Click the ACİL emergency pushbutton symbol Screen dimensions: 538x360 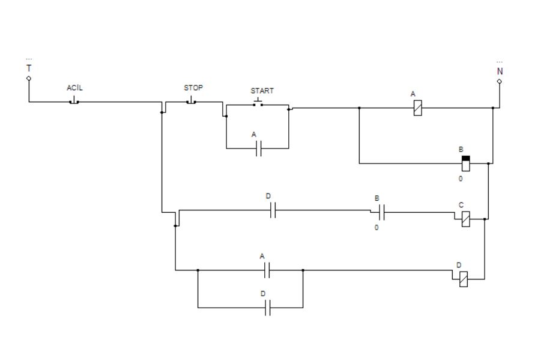click(x=74, y=101)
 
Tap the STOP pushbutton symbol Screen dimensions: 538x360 click(x=191, y=101)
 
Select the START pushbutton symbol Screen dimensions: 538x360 click(x=258, y=103)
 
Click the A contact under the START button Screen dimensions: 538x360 click(x=259, y=148)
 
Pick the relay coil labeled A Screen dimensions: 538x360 click(x=417, y=108)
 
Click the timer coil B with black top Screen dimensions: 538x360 click(x=465, y=163)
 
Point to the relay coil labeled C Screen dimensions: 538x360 click(x=465, y=219)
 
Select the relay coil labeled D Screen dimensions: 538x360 click(x=463, y=279)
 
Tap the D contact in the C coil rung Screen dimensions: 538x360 click(x=273, y=210)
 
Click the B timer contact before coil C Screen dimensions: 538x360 click(x=381, y=212)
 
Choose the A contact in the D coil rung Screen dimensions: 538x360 click(x=267, y=270)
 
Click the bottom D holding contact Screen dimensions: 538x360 click(x=268, y=308)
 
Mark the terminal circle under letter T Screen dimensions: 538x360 click(x=29, y=78)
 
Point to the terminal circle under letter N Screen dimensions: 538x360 click(x=499, y=81)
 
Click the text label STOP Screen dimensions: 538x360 click(x=193, y=88)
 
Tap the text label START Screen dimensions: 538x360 click(x=262, y=91)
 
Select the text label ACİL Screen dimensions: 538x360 click(x=74, y=88)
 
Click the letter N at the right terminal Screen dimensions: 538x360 click(x=500, y=72)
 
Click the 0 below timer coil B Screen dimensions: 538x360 click(x=461, y=178)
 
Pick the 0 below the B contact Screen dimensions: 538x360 click(x=376, y=227)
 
